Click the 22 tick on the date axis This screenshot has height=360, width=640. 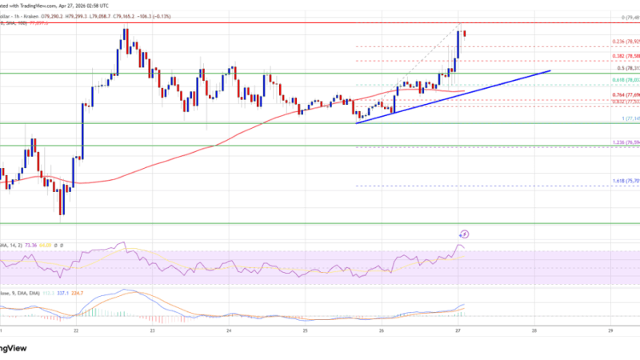76,330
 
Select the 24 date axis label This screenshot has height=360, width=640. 229,330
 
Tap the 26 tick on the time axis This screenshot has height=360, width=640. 382,330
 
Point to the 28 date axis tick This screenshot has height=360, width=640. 534,330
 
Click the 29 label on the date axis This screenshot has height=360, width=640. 610,330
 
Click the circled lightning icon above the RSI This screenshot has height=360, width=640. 466,234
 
